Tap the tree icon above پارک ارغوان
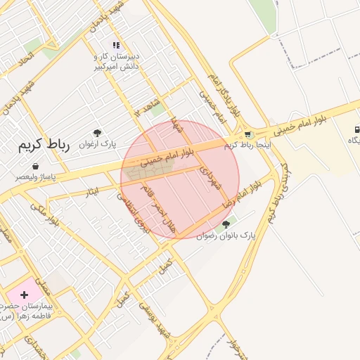tap(97, 132)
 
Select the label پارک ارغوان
tap(98, 144)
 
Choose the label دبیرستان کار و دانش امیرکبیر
tap(118, 62)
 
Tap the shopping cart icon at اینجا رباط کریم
tap(247, 134)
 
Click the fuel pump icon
tap(357, 129)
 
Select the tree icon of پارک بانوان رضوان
tap(225, 224)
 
